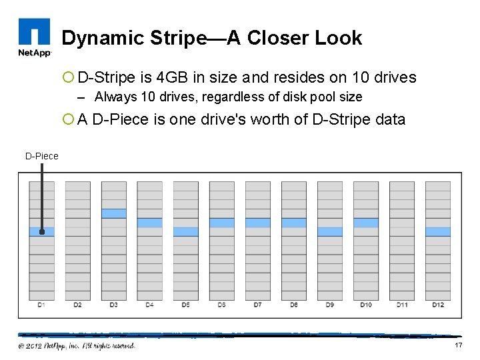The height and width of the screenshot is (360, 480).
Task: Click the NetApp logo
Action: click(x=34, y=39)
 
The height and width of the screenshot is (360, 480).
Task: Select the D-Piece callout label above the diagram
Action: click(x=42, y=156)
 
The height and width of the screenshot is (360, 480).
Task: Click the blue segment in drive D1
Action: click(x=41, y=231)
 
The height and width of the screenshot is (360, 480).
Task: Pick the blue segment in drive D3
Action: click(x=113, y=213)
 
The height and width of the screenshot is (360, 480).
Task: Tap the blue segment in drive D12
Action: click(x=437, y=231)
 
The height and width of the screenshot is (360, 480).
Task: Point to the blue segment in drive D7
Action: click(x=257, y=223)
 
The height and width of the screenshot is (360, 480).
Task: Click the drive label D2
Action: click(x=77, y=305)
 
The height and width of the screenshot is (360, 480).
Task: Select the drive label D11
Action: click(x=401, y=305)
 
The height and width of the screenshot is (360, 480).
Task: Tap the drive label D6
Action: click(x=221, y=305)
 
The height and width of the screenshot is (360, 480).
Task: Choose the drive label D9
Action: click(x=329, y=305)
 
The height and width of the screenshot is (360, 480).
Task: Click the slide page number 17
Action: click(x=458, y=345)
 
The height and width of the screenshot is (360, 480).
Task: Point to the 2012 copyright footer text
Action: click(x=77, y=345)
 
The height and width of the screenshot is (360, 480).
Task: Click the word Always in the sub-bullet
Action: click(x=114, y=97)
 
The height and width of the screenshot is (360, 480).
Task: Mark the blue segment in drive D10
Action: click(x=365, y=223)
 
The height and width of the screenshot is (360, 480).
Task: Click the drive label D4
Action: click(x=149, y=305)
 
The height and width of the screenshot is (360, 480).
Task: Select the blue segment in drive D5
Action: click(x=185, y=231)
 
